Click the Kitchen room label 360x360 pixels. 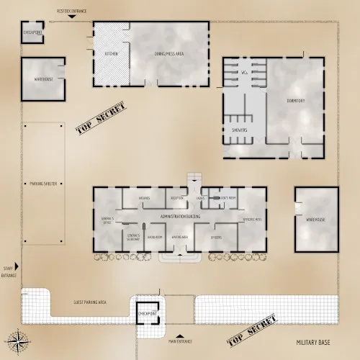tap(111, 54)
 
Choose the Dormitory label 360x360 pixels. tap(296, 101)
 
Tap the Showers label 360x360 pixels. tap(240, 130)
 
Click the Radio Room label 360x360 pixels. tap(155, 236)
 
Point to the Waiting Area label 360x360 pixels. tap(180, 236)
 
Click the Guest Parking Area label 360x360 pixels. tap(91, 303)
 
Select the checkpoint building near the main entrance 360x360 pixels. tap(148, 313)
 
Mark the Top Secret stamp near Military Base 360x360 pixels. tap(251, 330)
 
